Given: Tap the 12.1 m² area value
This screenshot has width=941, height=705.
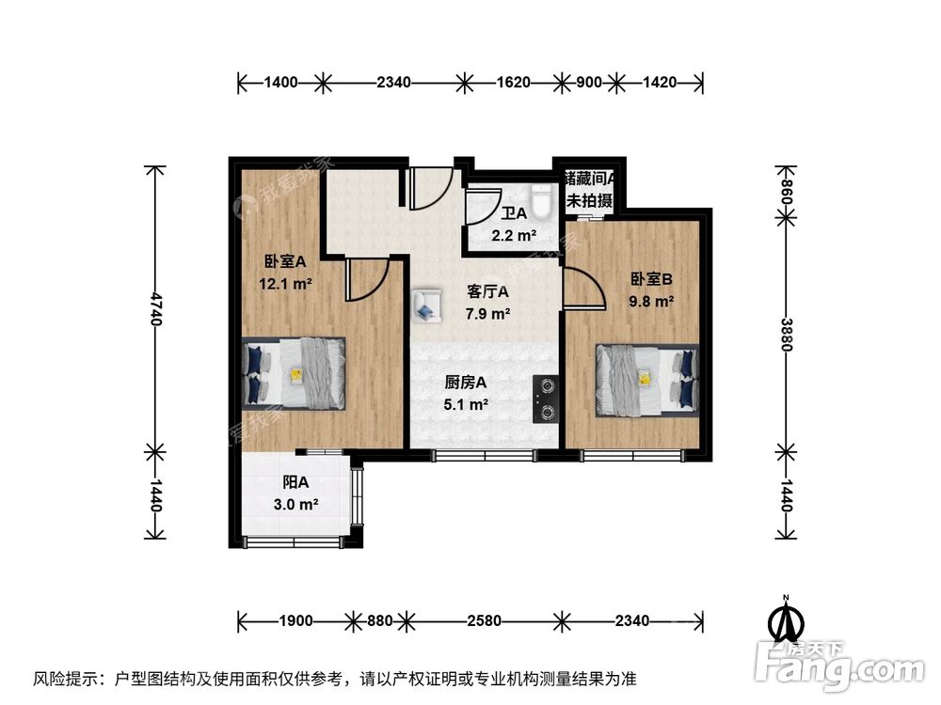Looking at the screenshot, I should click(x=285, y=283).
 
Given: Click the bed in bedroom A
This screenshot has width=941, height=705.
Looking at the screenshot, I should click(x=294, y=373).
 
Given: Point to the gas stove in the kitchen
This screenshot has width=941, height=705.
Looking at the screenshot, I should click(x=546, y=398).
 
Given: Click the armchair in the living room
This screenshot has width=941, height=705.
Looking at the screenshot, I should click(x=426, y=305).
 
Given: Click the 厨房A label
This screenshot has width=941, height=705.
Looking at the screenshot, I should click(x=466, y=383).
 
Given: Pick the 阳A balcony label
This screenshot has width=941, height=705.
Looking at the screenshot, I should click(x=296, y=483).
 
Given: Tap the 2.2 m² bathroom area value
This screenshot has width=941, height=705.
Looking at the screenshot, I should click(x=514, y=236).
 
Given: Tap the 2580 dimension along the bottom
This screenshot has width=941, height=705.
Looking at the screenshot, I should click(x=482, y=620).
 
